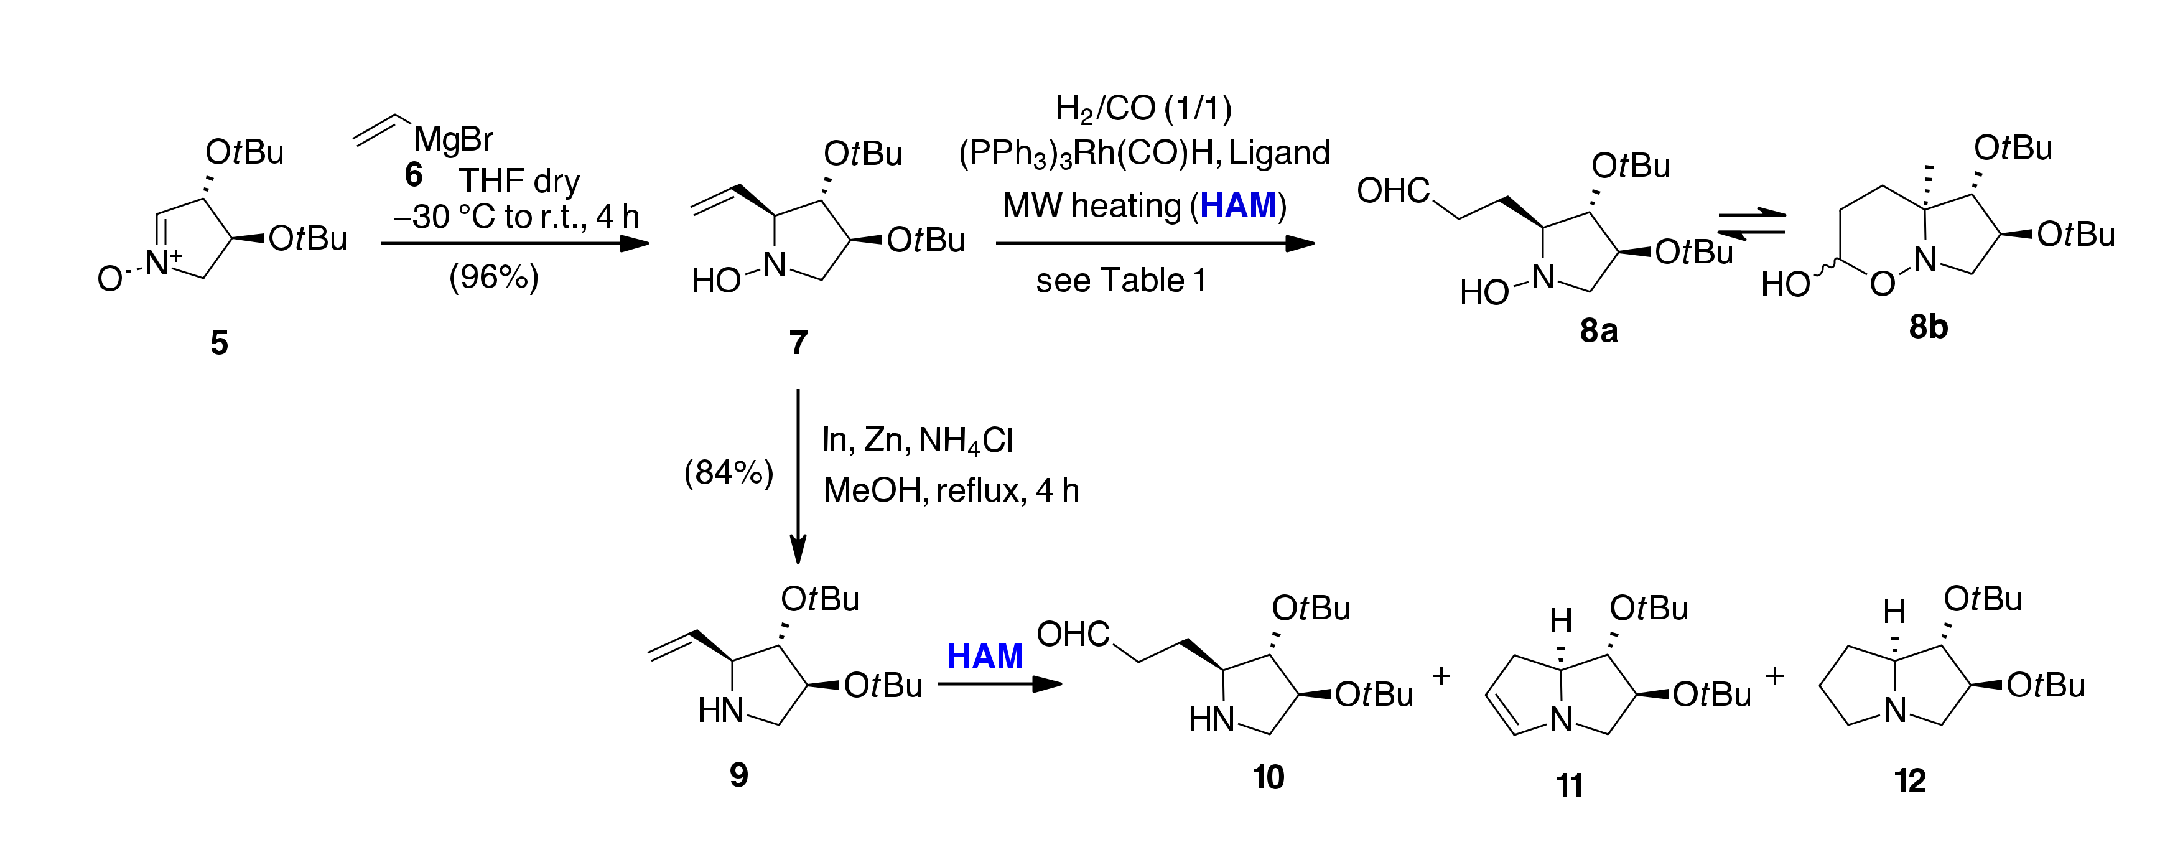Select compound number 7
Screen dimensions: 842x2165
point(798,343)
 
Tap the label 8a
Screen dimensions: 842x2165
point(1598,331)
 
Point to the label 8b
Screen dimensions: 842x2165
point(1927,326)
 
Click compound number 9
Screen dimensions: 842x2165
point(738,775)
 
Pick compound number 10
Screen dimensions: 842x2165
point(1269,777)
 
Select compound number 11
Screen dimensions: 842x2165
point(1569,786)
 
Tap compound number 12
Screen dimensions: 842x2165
point(1909,782)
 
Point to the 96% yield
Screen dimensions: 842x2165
point(493,276)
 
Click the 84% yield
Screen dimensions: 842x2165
point(728,473)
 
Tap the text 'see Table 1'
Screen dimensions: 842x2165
point(1120,281)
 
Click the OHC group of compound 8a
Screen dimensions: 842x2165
point(1392,192)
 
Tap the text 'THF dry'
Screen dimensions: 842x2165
point(519,180)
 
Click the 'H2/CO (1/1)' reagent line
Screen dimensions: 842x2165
point(1143,110)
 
